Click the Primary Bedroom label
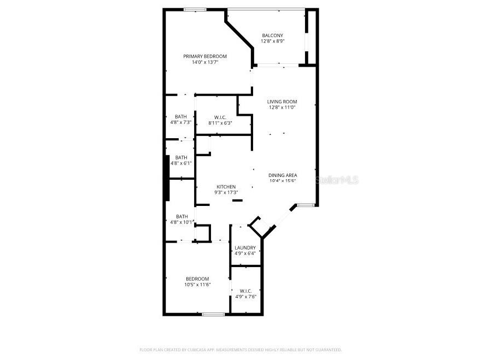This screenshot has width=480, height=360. pos(204,56)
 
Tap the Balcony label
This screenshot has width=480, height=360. pos(272,36)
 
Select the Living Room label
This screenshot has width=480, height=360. pos(282,102)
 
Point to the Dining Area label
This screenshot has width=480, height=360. pos(282,175)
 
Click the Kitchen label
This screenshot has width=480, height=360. pos(226,187)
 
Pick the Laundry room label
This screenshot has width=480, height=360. pos(245,247)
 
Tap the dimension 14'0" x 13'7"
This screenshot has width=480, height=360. pos(204,62)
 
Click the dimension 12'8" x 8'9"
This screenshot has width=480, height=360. pos(272,42)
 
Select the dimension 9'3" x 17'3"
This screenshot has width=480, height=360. pos(226,193)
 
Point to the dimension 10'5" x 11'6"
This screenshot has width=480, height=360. pos(197,285)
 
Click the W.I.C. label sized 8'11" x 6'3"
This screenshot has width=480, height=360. pos(220,117)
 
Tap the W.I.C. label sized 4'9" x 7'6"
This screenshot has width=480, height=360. pos(245,291)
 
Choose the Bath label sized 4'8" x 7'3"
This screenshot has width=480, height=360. pos(181,116)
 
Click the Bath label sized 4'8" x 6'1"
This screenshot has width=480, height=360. pos(181,157)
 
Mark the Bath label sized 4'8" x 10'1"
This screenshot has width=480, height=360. pos(182,216)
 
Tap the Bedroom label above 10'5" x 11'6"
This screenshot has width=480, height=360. pos(197,279)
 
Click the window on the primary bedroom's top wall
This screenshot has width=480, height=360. pos(195,9)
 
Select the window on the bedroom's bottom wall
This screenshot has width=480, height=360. pos(213,314)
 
